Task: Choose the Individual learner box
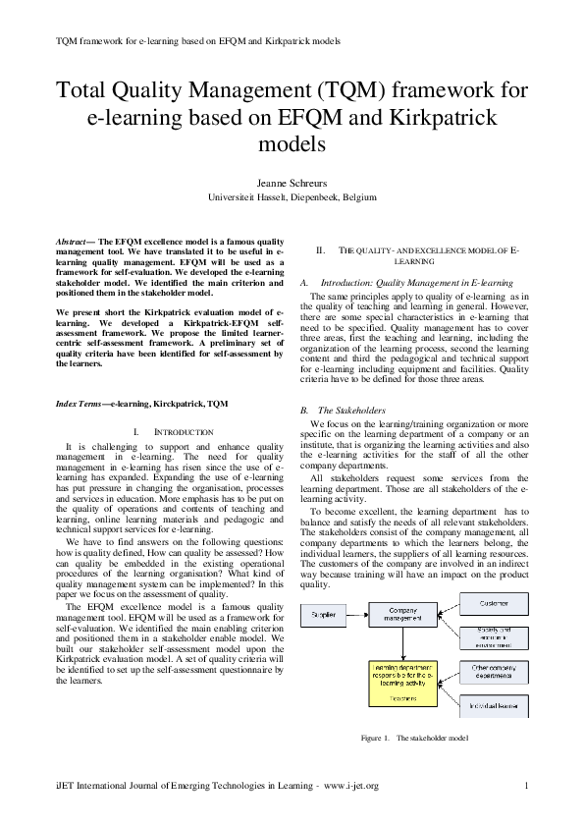[x=494, y=705]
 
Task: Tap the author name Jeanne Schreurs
[x=292, y=182]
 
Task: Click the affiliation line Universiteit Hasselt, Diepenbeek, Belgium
[x=292, y=196]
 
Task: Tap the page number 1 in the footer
[x=527, y=786]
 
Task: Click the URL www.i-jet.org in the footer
[x=350, y=786]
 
